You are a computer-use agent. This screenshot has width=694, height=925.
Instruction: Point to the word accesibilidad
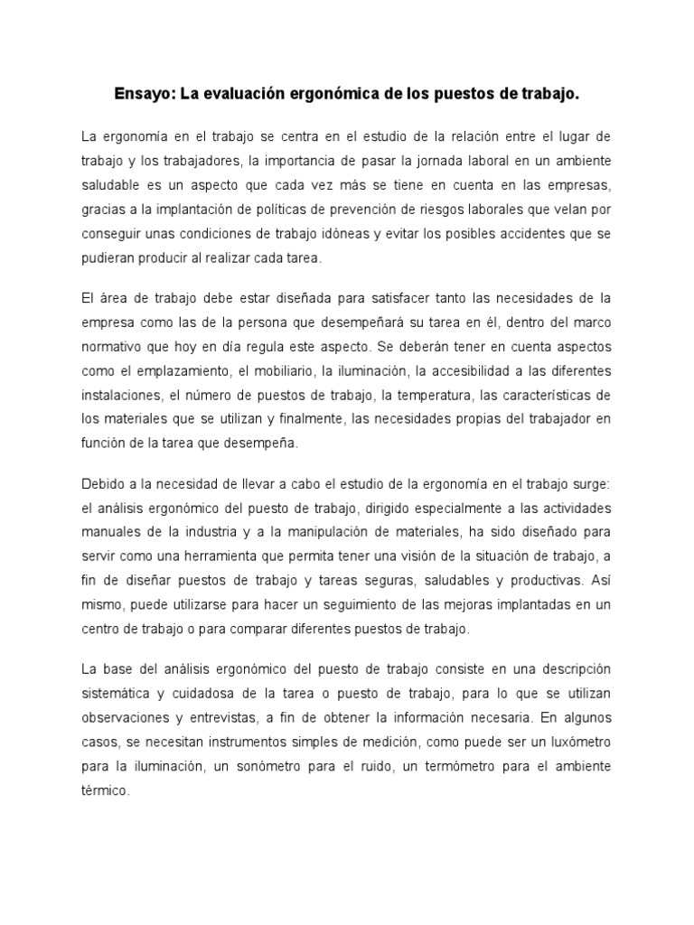click(452, 369)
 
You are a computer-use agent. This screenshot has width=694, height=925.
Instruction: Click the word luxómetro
click(575, 741)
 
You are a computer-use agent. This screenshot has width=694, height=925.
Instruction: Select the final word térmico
click(106, 790)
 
